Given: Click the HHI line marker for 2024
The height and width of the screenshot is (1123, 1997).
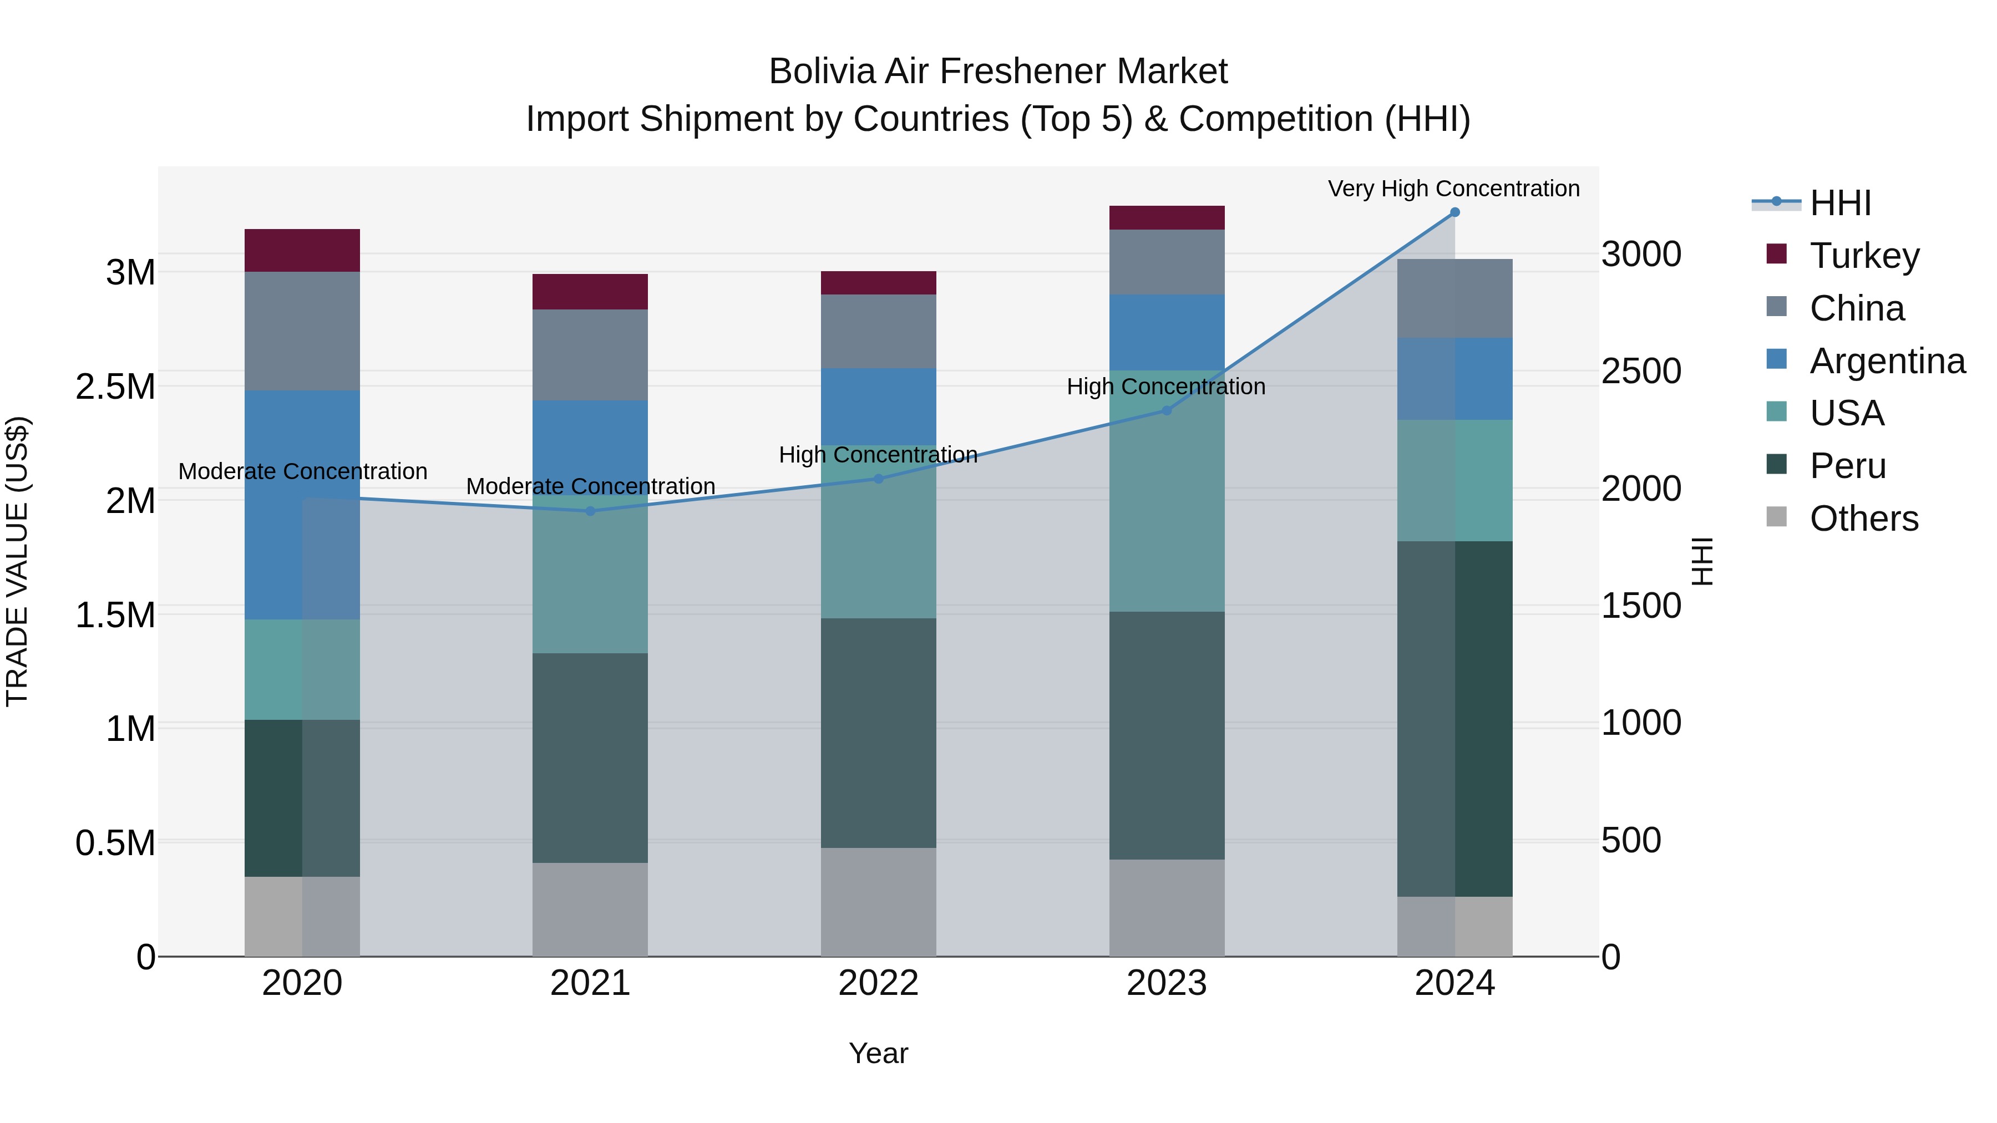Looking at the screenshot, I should click(x=1454, y=212).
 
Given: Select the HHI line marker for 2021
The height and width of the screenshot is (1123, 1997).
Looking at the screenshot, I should click(x=590, y=511).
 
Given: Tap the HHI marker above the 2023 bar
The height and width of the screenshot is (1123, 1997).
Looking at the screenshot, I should click(x=1166, y=411).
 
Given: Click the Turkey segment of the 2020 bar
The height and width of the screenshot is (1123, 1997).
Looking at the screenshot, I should click(x=302, y=250).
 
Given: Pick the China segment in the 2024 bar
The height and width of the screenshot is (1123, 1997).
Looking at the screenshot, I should click(x=1454, y=298).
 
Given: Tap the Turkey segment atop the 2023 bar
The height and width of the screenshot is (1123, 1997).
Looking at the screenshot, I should click(x=1166, y=218).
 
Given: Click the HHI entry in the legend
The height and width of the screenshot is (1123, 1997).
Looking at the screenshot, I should click(x=1839, y=203).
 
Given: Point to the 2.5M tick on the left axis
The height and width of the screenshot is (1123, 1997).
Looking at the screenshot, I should click(x=115, y=386).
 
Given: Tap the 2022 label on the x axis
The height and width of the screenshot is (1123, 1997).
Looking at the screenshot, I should click(x=878, y=983).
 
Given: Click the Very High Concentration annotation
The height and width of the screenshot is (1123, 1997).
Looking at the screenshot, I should click(x=1453, y=189).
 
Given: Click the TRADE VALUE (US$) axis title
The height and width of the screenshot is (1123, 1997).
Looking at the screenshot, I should click(x=17, y=561).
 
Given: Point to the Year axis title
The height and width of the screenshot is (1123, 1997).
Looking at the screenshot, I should click(x=878, y=1053).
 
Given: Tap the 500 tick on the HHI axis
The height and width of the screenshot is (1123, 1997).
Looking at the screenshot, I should click(x=1631, y=840).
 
